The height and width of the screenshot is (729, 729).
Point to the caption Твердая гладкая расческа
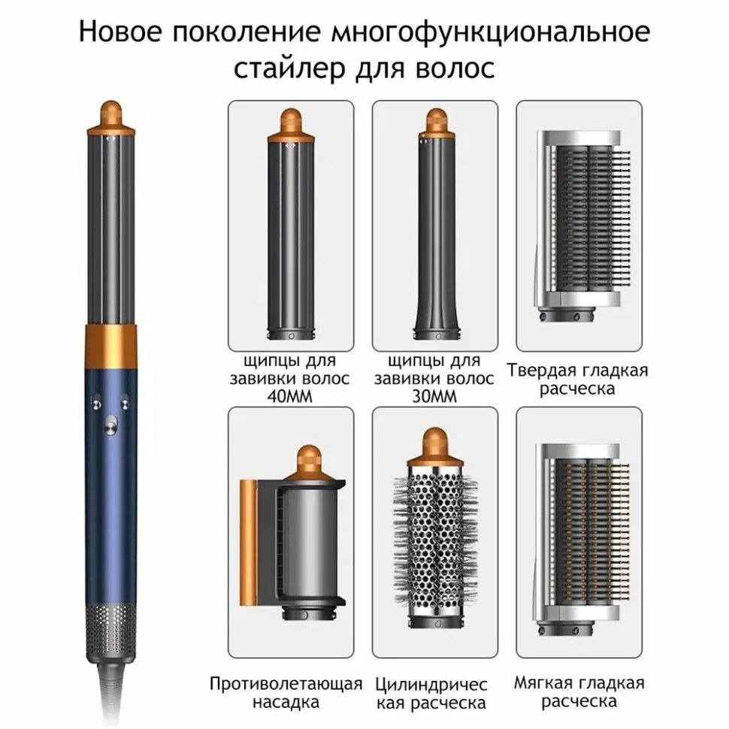577,380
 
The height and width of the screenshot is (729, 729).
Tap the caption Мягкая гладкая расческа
579,692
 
